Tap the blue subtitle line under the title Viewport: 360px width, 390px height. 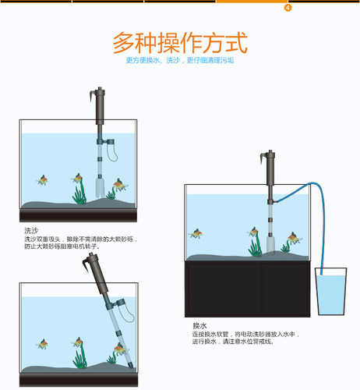click(x=180, y=60)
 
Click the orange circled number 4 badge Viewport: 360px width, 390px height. click(x=288, y=8)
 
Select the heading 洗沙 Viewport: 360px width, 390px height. click(x=31, y=231)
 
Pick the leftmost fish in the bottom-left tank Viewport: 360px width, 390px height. click(x=43, y=343)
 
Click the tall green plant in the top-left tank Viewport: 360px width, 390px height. click(x=78, y=188)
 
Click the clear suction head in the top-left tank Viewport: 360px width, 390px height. click(x=97, y=187)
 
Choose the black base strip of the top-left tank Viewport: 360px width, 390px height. click(x=77, y=216)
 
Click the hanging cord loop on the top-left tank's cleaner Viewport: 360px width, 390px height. click(x=112, y=153)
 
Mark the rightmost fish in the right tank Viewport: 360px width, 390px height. click(x=291, y=237)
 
